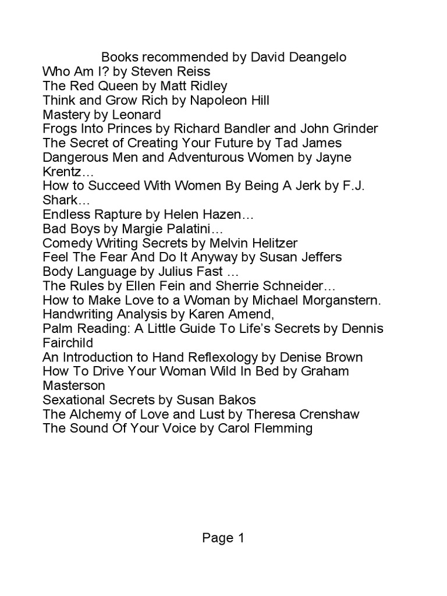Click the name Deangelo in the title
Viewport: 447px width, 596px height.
click(x=315, y=58)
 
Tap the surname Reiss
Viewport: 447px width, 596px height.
click(x=193, y=72)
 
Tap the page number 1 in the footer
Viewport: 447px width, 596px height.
click(x=240, y=538)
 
